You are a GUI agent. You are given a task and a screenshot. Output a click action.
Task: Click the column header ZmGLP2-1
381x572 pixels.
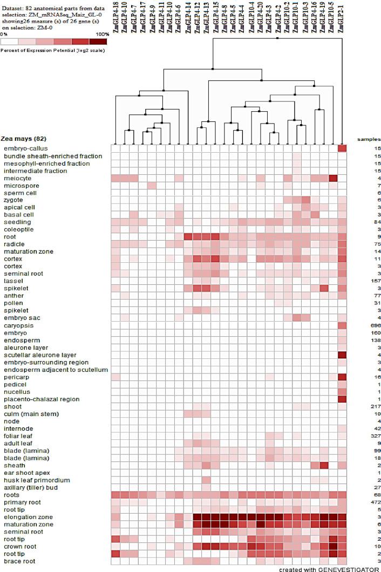click(342, 16)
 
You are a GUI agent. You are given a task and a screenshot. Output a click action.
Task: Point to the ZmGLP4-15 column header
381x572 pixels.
click(215, 16)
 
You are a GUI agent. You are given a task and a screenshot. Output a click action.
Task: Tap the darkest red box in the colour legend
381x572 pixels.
click(99, 42)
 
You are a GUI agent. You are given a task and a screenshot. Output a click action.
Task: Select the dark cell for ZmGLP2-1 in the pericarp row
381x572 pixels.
click(342, 377)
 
